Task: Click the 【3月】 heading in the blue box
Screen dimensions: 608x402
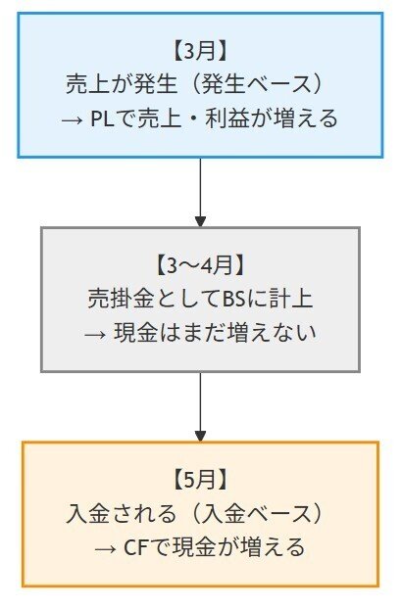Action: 199,49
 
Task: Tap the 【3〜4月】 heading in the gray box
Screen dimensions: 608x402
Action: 199,264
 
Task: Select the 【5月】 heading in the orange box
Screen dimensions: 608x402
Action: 199,480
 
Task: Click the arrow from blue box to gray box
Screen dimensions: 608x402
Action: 200,192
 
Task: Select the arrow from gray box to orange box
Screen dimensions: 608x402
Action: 200,406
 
